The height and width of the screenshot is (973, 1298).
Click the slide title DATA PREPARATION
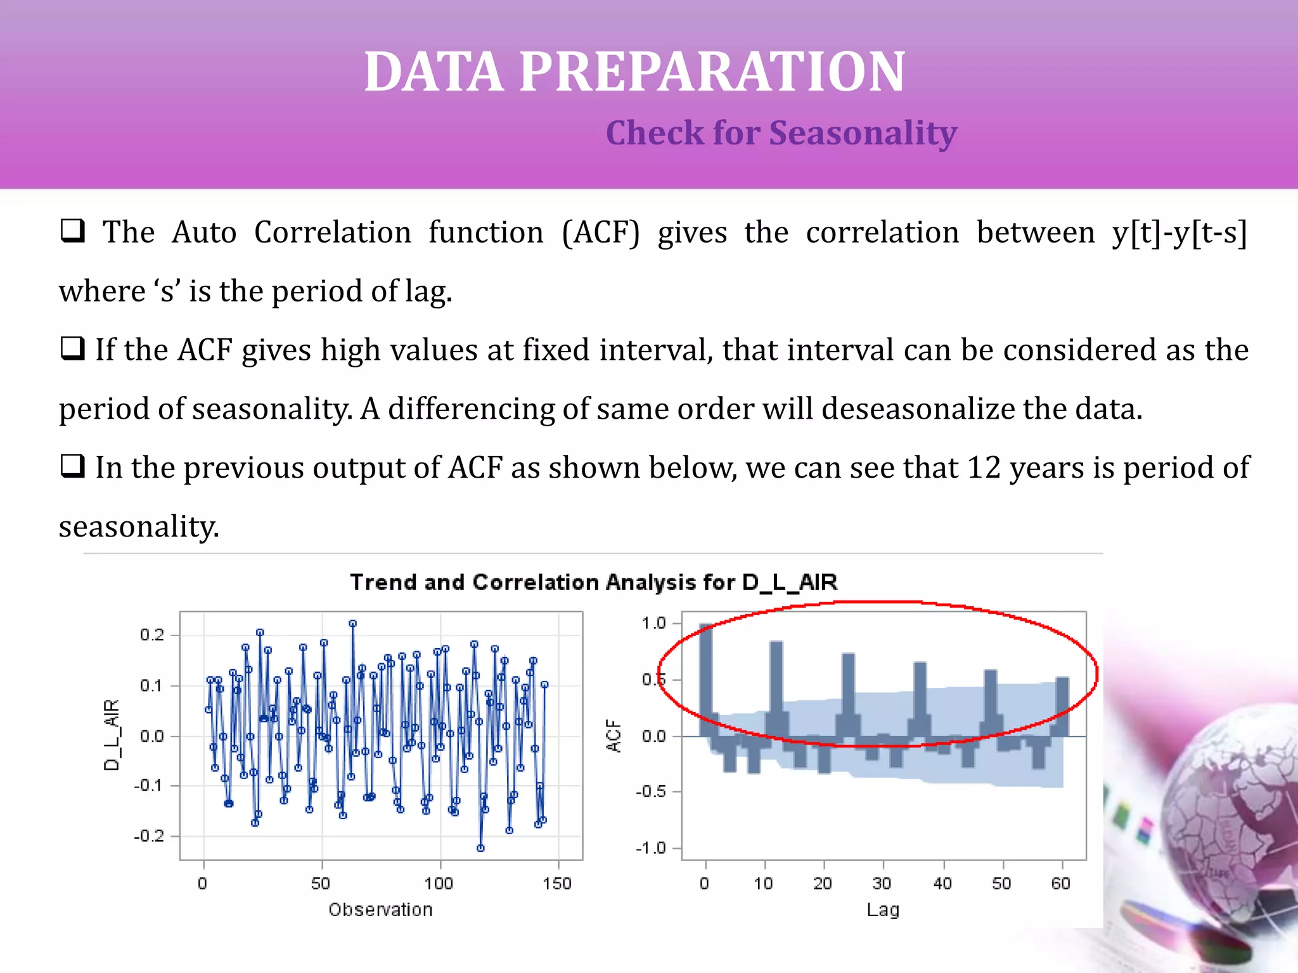[x=634, y=72]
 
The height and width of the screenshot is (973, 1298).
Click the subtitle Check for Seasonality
[x=781, y=133]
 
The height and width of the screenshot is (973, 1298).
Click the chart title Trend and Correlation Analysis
[x=593, y=582]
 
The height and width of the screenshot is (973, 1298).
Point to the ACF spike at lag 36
[x=920, y=697]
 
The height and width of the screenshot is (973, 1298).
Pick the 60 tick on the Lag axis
[x=1060, y=883]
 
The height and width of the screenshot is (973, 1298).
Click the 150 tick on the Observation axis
[x=557, y=883]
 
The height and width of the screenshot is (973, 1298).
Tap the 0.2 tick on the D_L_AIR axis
[x=151, y=635]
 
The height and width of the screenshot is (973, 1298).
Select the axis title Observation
[x=380, y=910]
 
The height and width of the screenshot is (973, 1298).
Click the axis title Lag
[x=883, y=910]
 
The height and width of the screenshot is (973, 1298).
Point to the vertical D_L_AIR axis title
[x=112, y=735]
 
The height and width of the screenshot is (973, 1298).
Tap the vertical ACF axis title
[x=614, y=735]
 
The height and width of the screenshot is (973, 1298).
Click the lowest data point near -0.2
[x=480, y=848]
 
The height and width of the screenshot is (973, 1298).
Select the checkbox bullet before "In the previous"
[x=72, y=466]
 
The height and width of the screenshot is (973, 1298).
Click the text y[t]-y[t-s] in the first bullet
[x=1179, y=232]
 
